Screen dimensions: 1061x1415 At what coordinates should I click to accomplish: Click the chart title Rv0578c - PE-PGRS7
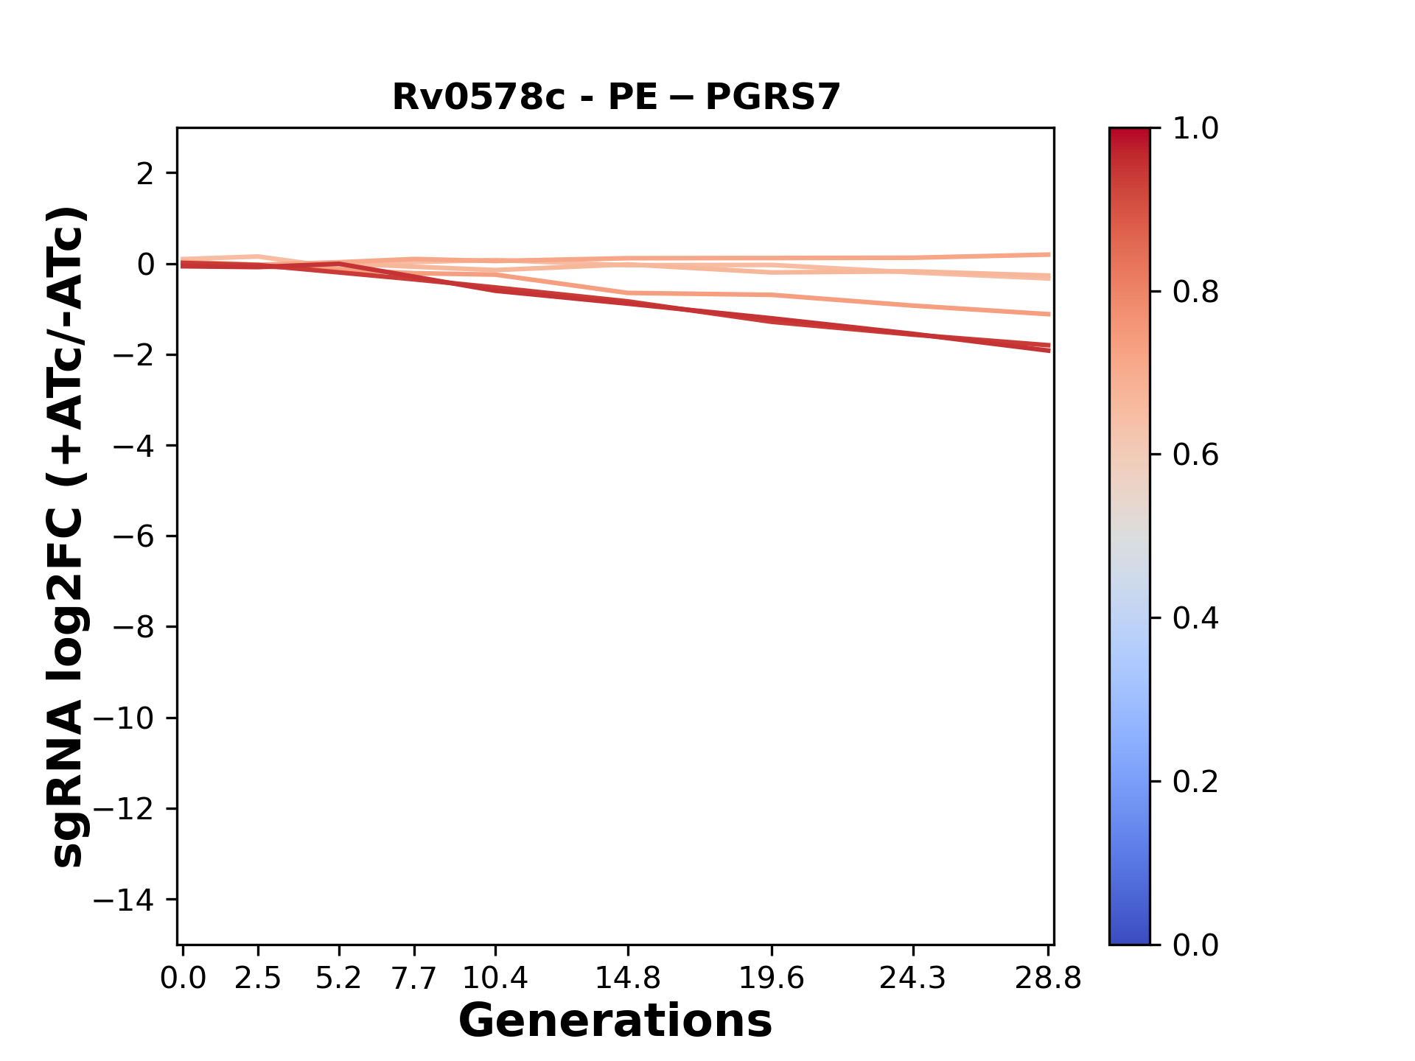616,97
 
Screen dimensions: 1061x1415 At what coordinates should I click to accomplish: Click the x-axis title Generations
615,1021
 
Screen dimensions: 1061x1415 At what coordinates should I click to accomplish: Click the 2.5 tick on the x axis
258,978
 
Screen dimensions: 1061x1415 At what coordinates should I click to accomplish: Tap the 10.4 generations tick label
495,978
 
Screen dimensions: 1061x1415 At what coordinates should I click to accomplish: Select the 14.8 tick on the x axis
627,978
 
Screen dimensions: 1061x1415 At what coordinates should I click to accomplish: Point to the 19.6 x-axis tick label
772,978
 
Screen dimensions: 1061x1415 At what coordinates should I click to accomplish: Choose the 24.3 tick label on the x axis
913,978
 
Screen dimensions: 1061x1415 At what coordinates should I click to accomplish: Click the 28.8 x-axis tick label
1048,978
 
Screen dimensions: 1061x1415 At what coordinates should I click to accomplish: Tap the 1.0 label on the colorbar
1195,129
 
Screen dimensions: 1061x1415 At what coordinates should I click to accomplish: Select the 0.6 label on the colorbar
1195,455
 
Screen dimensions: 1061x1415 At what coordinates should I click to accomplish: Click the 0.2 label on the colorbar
1195,782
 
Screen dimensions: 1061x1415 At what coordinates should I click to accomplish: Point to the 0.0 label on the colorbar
1195,945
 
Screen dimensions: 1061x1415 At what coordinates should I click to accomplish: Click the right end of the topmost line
1049,255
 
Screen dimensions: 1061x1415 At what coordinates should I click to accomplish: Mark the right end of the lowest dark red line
1049,351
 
